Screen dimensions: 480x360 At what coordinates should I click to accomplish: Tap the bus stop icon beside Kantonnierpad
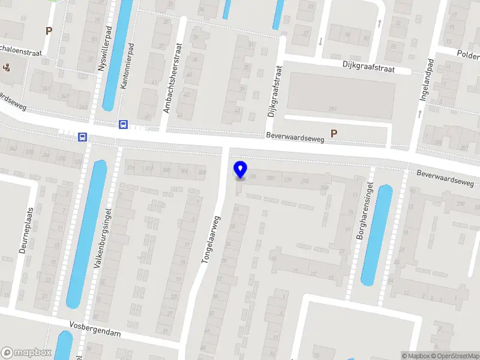(x=123, y=124)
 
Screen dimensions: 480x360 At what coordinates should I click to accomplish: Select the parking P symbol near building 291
(x=334, y=134)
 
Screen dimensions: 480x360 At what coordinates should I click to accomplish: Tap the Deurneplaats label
(x=25, y=231)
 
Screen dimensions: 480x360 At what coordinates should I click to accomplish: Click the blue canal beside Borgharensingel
(x=377, y=234)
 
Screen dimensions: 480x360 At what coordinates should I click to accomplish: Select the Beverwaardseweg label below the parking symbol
(x=295, y=139)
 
